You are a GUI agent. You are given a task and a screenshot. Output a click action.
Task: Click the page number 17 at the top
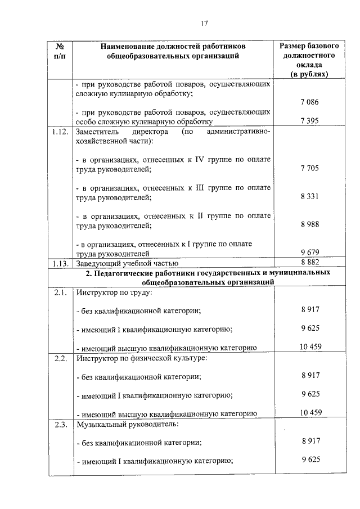click(204, 23)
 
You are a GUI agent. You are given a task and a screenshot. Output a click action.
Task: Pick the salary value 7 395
click(310, 120)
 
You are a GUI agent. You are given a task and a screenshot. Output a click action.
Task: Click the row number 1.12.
click(60, 132)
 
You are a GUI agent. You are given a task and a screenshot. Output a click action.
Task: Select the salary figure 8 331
click(310, 197)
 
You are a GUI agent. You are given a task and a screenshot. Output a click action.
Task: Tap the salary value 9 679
click(310, 253)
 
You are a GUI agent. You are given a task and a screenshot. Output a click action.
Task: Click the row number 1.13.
click(60, 263)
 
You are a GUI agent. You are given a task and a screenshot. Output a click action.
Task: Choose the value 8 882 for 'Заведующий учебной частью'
click(310, 262)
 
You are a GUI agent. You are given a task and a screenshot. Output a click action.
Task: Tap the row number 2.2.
click(60, 358)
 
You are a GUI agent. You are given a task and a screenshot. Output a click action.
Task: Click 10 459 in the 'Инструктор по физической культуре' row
click(310, 412)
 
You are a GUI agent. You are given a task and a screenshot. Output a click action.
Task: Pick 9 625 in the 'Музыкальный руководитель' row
click(310, 459)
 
